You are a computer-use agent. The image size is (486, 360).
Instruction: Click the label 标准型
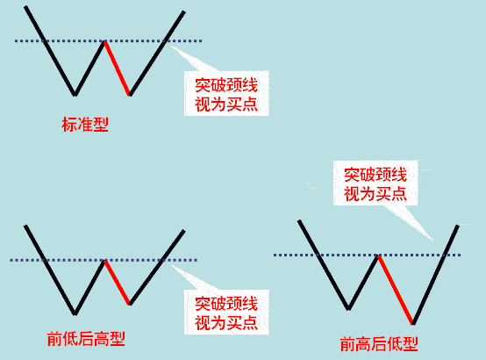(x=85, y=125)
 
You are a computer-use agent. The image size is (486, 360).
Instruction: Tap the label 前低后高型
(x=86, y=339)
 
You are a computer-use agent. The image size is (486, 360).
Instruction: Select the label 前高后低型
(x=379, y=344)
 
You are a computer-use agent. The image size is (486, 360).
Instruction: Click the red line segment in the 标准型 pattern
(x=118, y=68)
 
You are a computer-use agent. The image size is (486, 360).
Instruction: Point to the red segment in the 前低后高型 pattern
(x=118, y=283)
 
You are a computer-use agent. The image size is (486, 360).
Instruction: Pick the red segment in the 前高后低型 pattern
(x=396, y=290)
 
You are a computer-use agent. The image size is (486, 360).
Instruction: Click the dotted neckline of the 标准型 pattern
(x=108, y=40)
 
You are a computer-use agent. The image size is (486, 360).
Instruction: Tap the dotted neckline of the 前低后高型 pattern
(x=104, y=260)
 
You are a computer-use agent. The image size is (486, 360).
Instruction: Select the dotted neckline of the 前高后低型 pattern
(x=367, y=256)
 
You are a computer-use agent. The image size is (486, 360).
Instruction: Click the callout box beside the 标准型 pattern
(x=226, y=93)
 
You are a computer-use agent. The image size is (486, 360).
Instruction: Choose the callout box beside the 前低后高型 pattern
(x=226, y=313)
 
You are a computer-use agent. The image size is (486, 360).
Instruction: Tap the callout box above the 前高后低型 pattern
(x=375, y=184)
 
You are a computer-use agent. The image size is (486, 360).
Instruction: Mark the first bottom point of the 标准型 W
(x=75, y=95)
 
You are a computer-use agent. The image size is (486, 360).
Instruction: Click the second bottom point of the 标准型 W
(x=130, y=95)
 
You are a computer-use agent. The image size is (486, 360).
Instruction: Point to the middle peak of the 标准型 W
(x=104, y=41)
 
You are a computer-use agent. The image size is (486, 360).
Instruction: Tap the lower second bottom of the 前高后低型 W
(x=413, y=323)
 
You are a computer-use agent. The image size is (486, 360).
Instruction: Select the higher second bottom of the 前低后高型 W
(x=130, y=304)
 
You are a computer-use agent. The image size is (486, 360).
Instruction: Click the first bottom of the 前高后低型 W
(x=348, y=309)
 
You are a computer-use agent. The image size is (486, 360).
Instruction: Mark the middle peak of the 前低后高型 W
(x=104, y=261)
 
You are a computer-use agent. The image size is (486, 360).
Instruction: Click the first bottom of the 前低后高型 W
(x=75, y=313)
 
